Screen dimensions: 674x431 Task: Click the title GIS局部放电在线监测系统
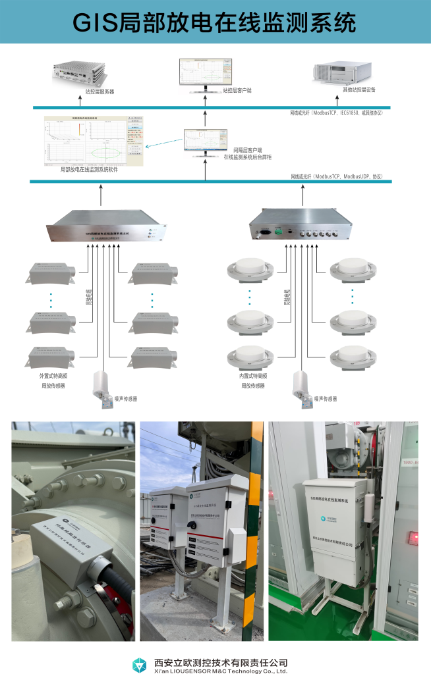(x=215, y=24)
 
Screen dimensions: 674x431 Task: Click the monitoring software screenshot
(x=94, y=140)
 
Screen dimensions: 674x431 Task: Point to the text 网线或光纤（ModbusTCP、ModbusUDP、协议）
(x=336, y=177)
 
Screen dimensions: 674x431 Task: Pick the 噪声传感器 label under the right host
(x=326, y=398)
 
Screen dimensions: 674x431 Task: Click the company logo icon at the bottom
(x=141, y=664)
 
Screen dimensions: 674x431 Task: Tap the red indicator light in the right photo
(x=415, y=539)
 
